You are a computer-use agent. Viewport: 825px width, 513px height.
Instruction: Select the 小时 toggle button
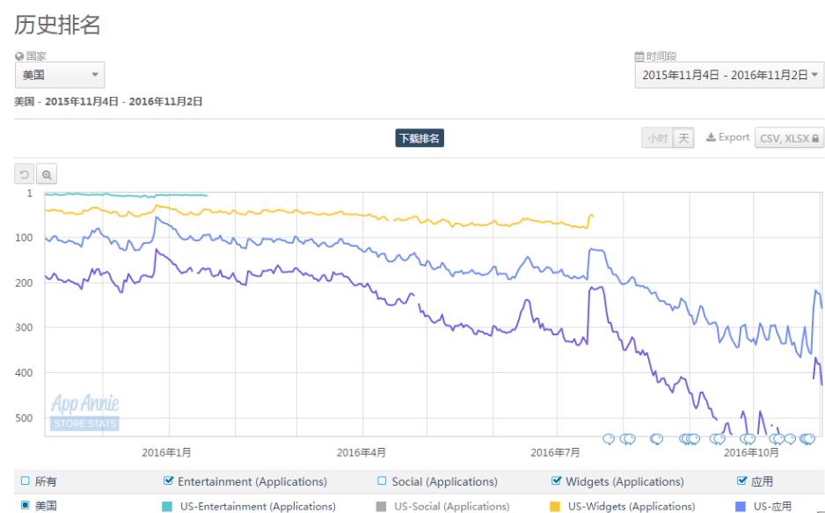[x=657, y=138]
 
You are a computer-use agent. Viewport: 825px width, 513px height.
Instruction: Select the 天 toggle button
[x=683, y=138]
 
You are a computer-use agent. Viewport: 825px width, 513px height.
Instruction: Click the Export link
[x=726, y=138]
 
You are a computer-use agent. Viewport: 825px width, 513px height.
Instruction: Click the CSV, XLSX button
[x=788, y=138]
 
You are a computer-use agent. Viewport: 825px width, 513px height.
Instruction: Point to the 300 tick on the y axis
[x=26, y=327]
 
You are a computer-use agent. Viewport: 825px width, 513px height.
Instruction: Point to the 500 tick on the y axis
[x=26, y=418]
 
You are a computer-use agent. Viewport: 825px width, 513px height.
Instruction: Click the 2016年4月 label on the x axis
[x=363, y=453]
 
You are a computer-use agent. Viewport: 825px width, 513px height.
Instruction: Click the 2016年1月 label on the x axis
[x=168, y=453]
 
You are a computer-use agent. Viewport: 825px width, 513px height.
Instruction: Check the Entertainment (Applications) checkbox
[x=169, y=481]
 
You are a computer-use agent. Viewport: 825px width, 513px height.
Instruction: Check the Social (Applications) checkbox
[x=383, y=481]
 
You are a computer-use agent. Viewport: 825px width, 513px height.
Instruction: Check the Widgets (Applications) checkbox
[x=556, y=481]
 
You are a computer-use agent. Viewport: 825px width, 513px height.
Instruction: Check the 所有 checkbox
[x=26, y=481]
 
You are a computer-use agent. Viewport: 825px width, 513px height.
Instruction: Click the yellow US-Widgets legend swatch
[x=555, y=506]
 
